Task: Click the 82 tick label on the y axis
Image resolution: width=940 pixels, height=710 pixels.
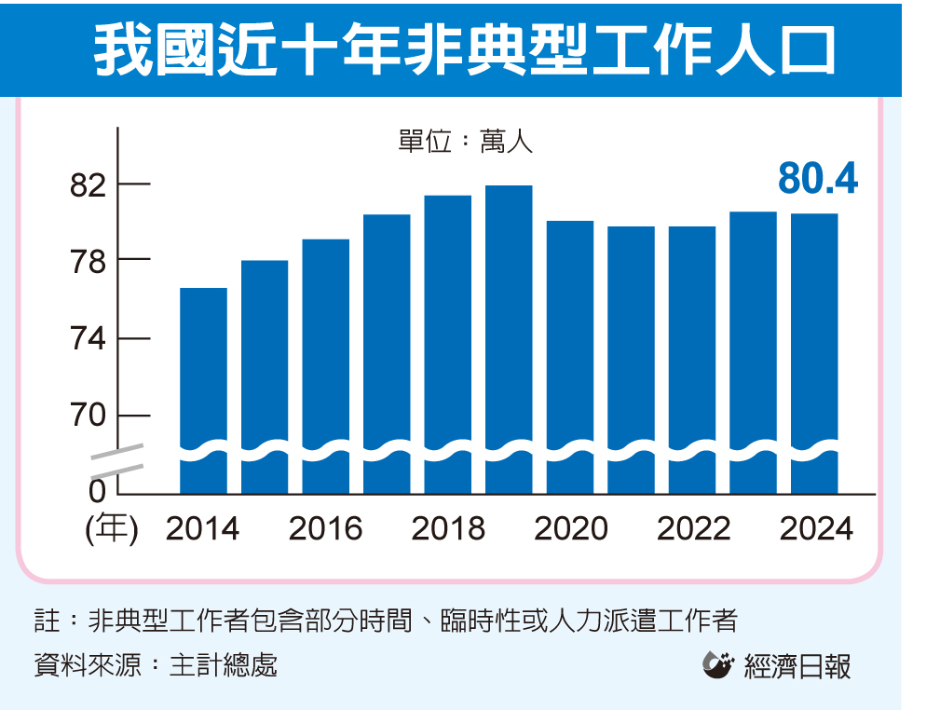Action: coord(89,186)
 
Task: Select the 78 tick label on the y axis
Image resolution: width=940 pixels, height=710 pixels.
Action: coord(89,261)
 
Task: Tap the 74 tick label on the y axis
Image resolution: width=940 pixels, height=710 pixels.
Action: coord(89,338)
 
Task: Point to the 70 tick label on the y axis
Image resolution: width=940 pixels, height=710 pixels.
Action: coord(89,416)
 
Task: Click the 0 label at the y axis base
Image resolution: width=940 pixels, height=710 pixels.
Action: coord(97,490)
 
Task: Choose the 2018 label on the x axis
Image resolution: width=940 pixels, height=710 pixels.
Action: coord(448,529)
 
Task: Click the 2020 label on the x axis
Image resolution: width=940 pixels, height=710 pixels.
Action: coord(571,529)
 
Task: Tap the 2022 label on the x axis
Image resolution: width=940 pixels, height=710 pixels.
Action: coord(694,529)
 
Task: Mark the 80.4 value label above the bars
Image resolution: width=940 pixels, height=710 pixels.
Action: coord(817,179)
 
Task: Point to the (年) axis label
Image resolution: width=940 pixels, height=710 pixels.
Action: coord(111,529)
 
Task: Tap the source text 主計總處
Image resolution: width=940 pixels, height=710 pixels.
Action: coord(223,665)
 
